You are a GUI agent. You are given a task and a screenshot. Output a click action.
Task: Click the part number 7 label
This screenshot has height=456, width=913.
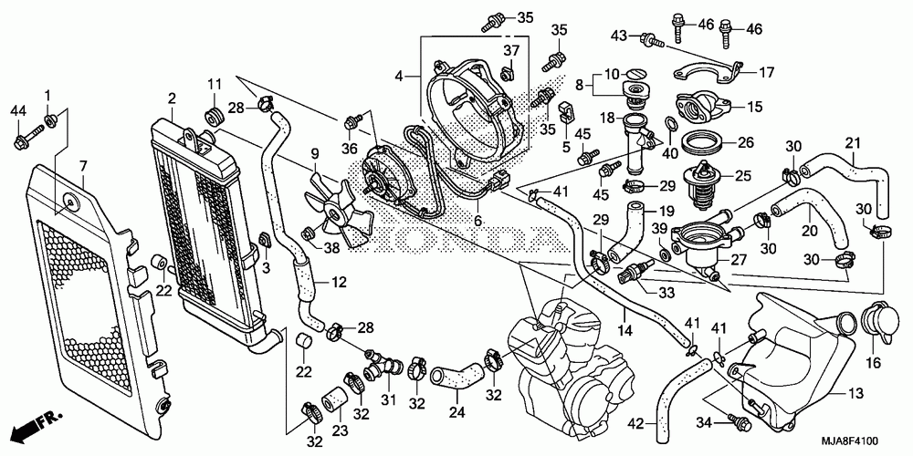click(83, 166)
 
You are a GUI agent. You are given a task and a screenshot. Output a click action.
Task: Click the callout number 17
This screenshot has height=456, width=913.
click(764, 70)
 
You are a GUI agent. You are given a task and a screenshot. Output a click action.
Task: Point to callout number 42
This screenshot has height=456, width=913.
click(635, 421)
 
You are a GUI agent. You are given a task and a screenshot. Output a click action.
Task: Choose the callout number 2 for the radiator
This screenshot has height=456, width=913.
click(171, 98)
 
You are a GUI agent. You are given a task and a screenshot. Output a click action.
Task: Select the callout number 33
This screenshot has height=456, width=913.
click(667, 292)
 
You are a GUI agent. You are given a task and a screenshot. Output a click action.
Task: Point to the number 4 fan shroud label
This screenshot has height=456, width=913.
click(398, 78)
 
